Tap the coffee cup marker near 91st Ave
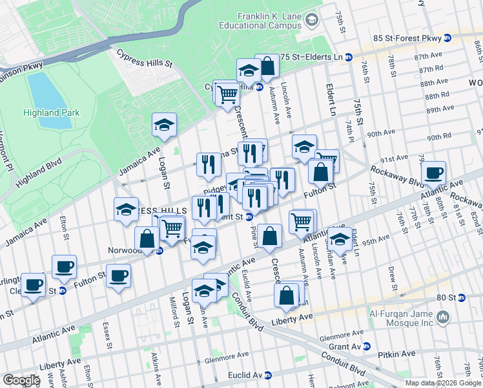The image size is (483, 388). coord(434,173)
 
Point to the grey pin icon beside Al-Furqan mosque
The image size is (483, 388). coord(443,317)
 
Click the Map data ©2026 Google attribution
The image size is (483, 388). coord(442,383)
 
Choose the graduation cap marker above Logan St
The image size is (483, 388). coord(165,124)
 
